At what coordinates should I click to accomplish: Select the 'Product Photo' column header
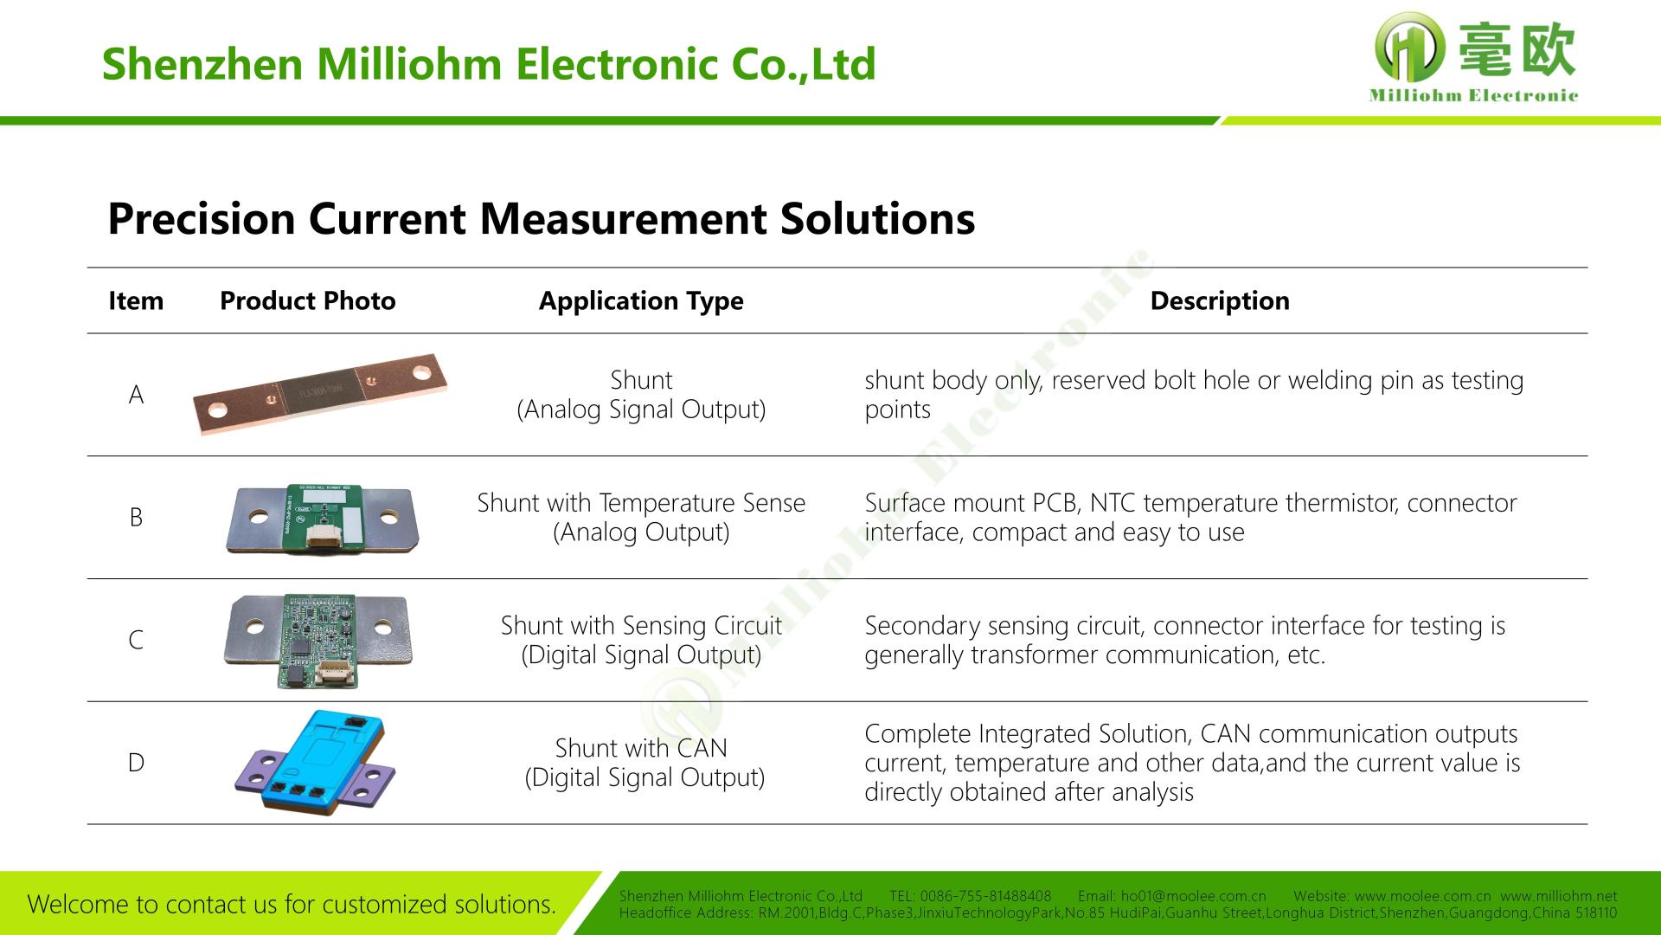coord(307,300)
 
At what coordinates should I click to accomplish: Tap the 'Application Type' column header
coord(641,300)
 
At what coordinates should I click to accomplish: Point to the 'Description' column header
coord(1219,300)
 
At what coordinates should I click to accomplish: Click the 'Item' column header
coord(136,300)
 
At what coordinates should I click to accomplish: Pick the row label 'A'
coord(136,395)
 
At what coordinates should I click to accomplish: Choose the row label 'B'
coord(136,518)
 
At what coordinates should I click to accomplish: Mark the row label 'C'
coord(136,640)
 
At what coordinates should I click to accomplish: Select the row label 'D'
coord(136,763)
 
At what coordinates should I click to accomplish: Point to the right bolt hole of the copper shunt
coord(421,373)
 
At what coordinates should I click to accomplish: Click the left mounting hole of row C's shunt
coord(254,625)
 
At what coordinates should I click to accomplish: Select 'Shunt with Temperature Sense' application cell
coord(641,517)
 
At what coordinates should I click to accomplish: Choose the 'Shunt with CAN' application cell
coord(641,762)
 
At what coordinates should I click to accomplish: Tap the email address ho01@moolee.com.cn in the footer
coord(1193,897)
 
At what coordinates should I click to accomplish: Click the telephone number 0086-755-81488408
coord(985,897)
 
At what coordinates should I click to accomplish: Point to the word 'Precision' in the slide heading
coord(201,218)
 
